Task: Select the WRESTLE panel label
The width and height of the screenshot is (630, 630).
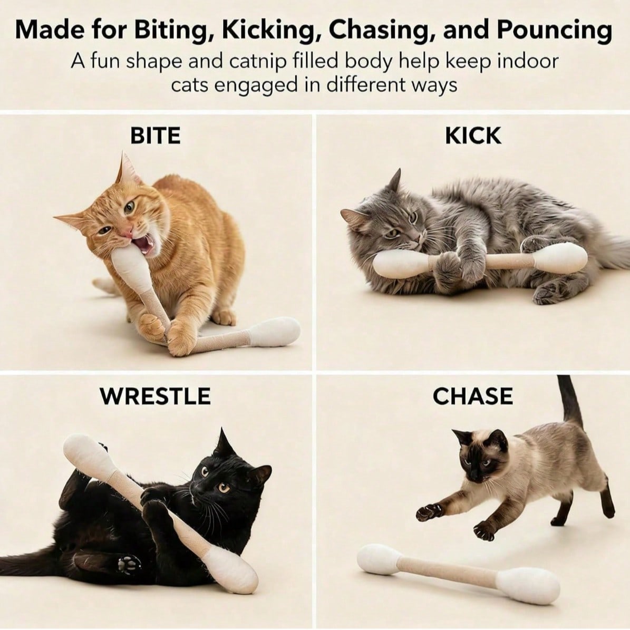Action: [155, 396]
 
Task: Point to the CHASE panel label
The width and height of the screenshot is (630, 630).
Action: [472, 396]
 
